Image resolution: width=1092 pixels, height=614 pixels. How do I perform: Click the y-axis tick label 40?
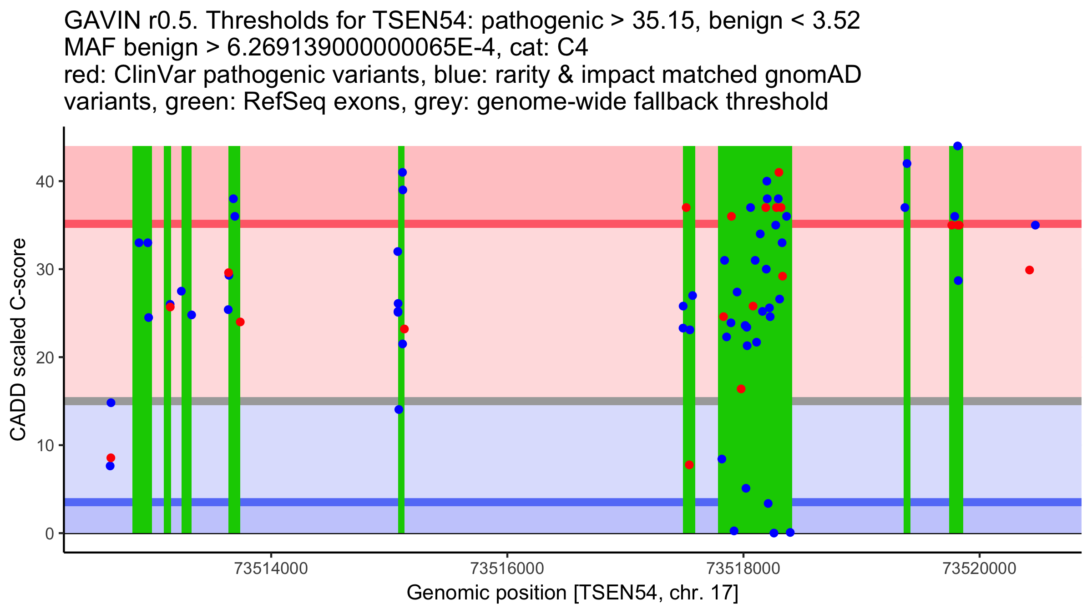click(x=44, y=181)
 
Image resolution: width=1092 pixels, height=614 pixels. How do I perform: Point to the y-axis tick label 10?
click(x=44, y=445)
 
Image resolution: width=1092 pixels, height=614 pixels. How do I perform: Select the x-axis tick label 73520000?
click(x=980, y=569)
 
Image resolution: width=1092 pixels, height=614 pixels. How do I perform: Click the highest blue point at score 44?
click(x=958, y=146)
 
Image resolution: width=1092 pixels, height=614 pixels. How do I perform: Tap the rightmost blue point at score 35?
click(x=1035, y=225)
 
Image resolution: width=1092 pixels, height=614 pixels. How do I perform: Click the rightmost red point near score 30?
click(x=1030, y=270)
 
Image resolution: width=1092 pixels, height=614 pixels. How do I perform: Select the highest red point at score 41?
click(x=779, y=172)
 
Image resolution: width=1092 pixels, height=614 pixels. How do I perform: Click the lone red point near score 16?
click(x=741, y=389)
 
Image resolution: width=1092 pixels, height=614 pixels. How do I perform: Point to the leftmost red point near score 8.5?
click(x=111, y=458)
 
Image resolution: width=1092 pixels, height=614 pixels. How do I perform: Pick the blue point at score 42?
click(x=907, y=164)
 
